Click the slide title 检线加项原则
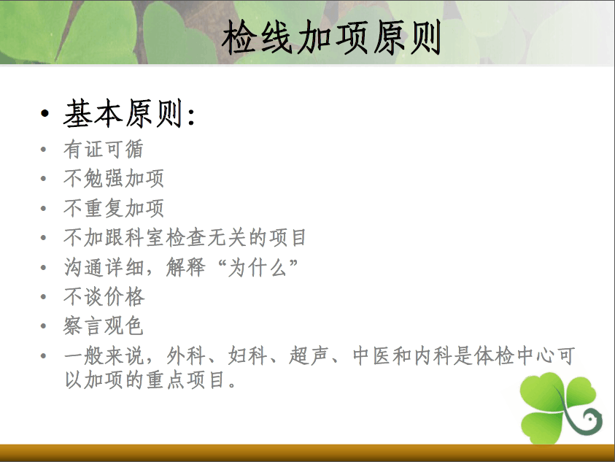click(x=331, y=37)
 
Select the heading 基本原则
click(x=124, y=113)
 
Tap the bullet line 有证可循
click(x=104, y=149)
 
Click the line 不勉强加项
click(x=114, y=179)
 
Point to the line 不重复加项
click(x=114, y=208)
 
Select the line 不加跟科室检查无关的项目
click(x=185, y=237)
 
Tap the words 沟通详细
click(x=104, y=268)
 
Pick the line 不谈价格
click(x=104, y=296)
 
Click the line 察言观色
click(x=104, y=326)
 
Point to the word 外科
click(x=186, y=356)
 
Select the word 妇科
click(x=247, y=356)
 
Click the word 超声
click(x=309, y=356)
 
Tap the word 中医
click(x=371, y=356)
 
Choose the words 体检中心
click(x=514, y=356)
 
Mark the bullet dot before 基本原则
click(x=45, y=114)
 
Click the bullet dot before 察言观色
click(x=44, y=326)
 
